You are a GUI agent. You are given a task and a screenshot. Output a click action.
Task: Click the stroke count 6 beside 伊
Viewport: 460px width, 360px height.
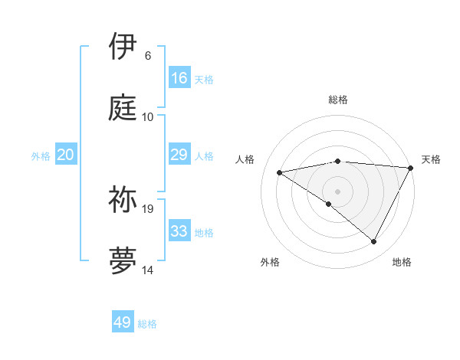point(148,56)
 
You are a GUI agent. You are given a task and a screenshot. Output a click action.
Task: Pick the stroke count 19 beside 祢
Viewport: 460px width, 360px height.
point(149,208)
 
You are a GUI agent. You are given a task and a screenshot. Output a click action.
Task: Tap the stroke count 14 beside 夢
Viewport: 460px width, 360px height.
point(148,270)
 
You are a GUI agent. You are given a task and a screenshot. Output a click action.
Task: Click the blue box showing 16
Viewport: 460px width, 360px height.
point(179,78)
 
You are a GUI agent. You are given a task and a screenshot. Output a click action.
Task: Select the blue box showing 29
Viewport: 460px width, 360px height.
point(179,155)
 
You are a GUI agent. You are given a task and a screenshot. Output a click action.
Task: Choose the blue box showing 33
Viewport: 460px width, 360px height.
point(179,231)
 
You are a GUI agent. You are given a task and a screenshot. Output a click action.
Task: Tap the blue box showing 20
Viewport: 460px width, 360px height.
point(66,155)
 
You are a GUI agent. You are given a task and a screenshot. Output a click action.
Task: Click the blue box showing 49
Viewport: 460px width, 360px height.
point(123,322)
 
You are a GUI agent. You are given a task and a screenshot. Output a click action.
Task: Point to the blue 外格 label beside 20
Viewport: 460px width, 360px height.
point(41,155)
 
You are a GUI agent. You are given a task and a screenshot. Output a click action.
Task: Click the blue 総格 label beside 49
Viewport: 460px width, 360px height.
point(147,324)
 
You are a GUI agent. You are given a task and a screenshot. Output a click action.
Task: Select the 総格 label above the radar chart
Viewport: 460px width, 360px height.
point(338,100)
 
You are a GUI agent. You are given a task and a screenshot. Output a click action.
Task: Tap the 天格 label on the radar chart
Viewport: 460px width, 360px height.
point(431,159)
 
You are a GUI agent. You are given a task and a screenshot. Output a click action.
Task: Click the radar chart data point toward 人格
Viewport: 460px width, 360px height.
point(280,172)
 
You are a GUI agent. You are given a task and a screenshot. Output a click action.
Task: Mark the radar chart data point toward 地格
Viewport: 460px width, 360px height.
point(373,242)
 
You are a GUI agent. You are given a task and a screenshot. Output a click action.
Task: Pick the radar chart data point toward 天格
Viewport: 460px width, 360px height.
point(410,168)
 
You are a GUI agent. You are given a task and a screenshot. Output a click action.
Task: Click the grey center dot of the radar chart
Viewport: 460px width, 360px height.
point(337,191)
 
